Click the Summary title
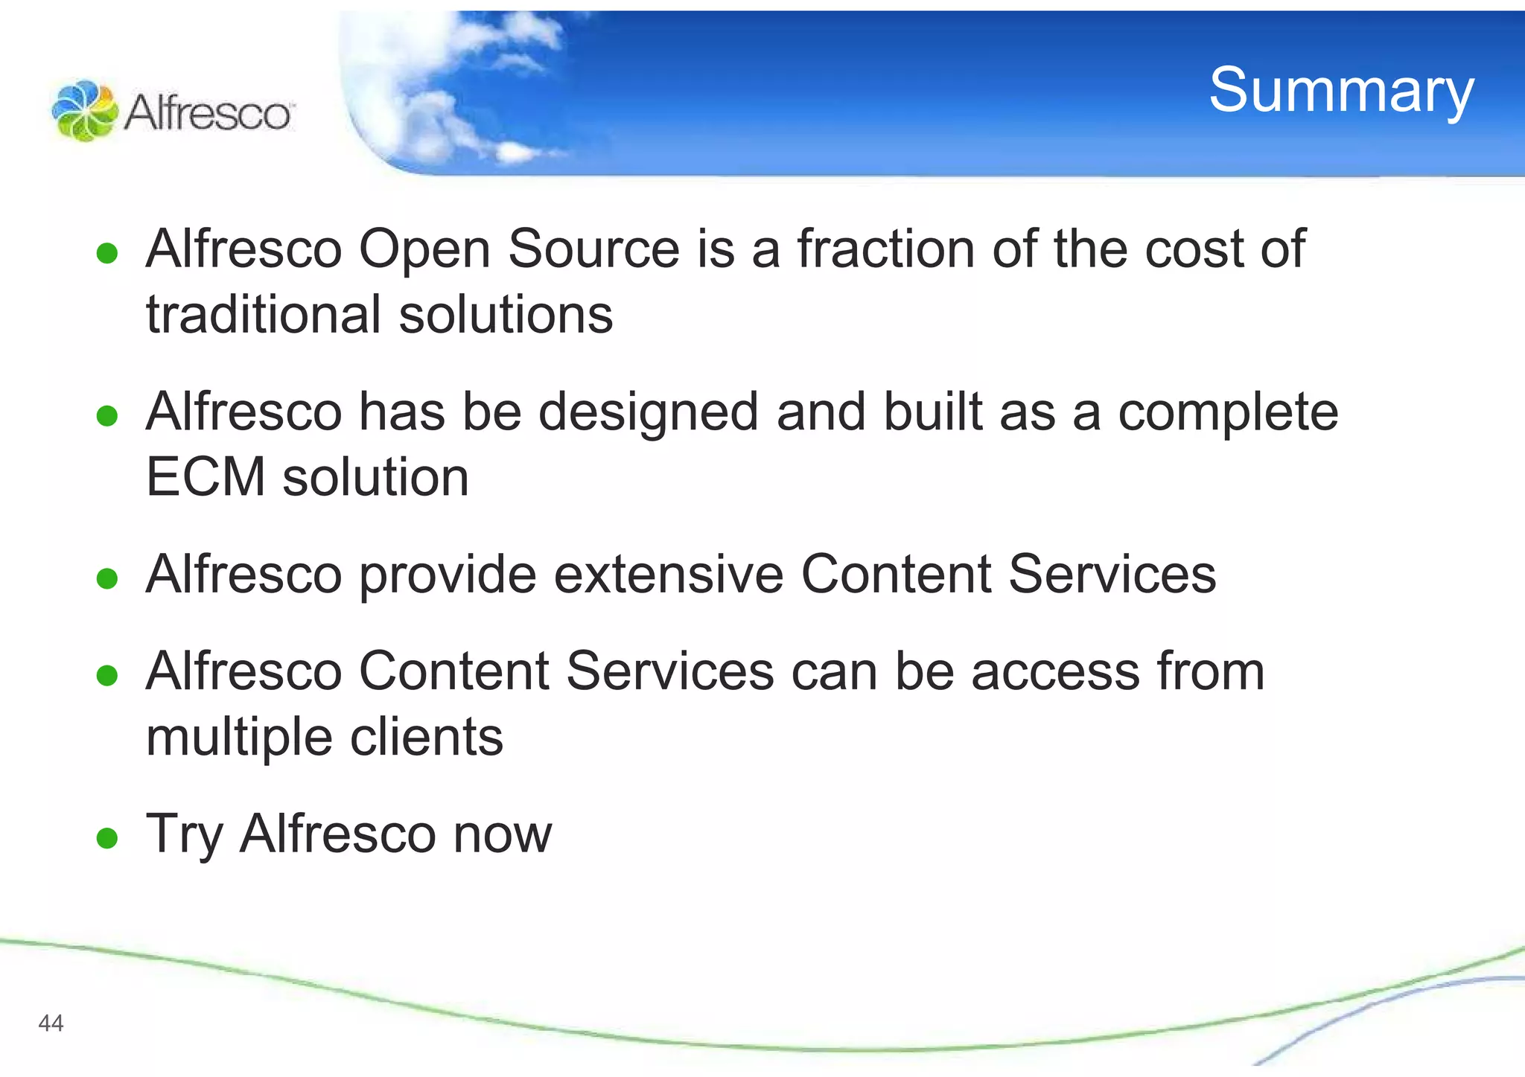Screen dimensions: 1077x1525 (1341, 91)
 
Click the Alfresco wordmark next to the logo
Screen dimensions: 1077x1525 (208, 114)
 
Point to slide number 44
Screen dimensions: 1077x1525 (51, 1023)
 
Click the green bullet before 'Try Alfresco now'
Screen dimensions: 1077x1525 (108, 838)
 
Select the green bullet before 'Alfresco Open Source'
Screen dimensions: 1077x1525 (108, 253)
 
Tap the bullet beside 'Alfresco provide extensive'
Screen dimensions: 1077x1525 (108, 578)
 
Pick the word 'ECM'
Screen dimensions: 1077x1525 (206, 477)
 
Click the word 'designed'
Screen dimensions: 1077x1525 (649, 414)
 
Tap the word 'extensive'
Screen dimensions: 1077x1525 (669, 575)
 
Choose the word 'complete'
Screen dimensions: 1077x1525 (1228, 414)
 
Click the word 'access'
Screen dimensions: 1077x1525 (1055, 671)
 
